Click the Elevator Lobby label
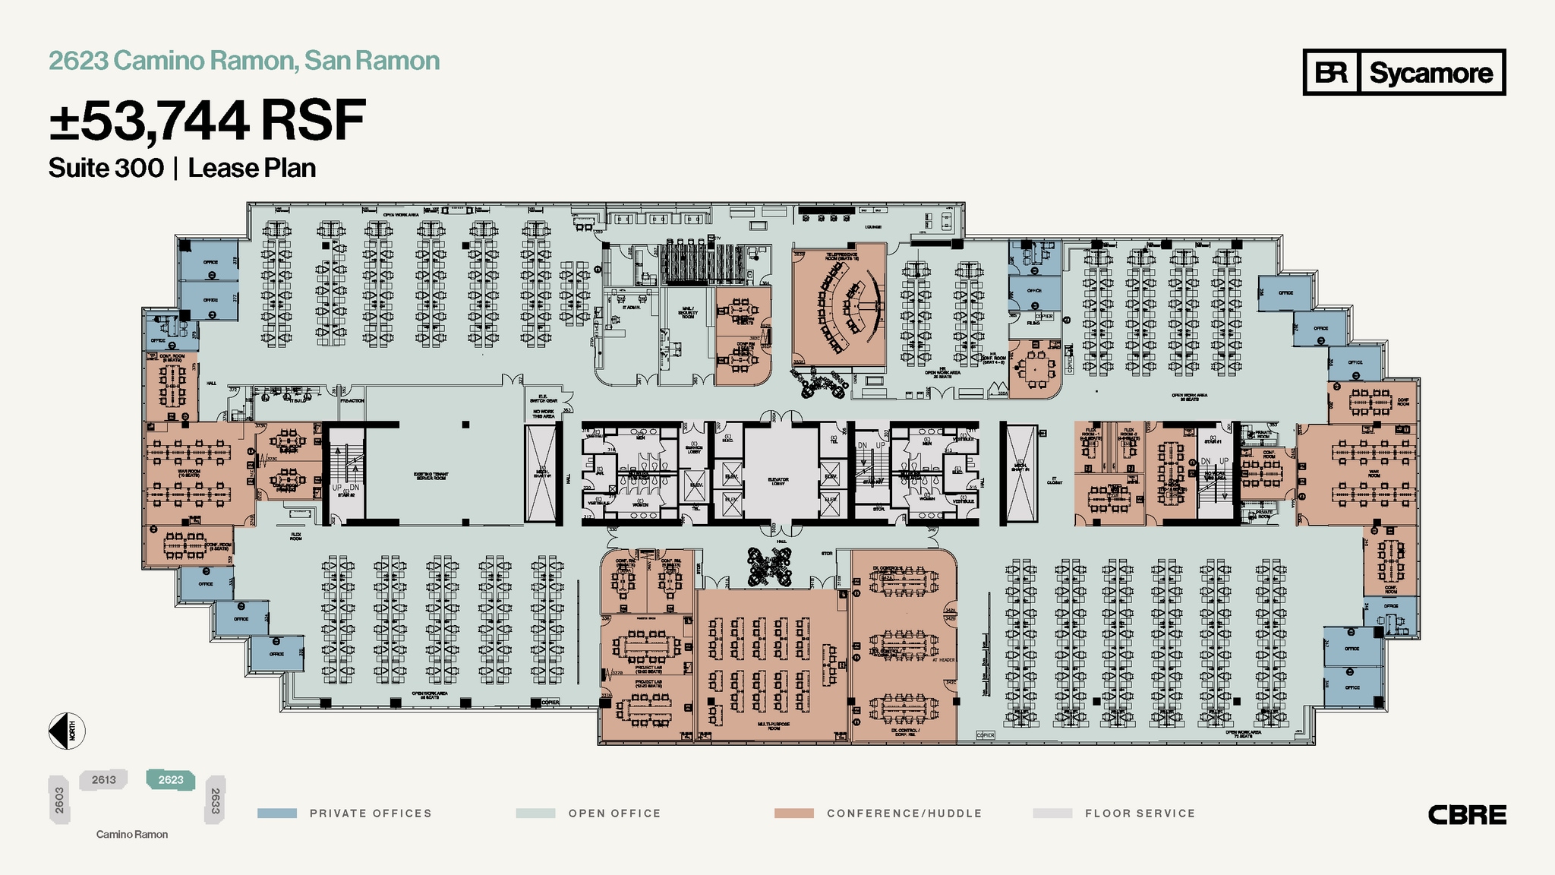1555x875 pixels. pos(777,481)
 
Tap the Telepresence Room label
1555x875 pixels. pos(841,257)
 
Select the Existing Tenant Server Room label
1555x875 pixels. pos(430,476)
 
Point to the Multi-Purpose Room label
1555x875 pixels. pos(773,725)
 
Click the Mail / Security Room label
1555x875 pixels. pos(687,313)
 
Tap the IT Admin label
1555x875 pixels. pos(631,308)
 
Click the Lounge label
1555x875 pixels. pos(872,227)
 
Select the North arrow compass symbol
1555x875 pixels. pos(67,731)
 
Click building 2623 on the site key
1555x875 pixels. pos(171,780)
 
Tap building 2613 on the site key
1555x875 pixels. pos(104,780)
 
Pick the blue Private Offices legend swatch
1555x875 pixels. pos(277,813)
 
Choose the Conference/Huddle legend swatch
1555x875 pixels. pos(793,813)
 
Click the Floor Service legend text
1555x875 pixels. pos(1140,813)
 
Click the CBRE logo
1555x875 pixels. pos(1467,815)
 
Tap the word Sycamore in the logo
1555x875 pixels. pos(1430,73)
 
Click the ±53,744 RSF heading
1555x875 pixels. pos(207,121)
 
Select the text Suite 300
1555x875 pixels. pos(106,168)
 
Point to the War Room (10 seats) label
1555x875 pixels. pos(188,472)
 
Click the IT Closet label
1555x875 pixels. pos(1055,480)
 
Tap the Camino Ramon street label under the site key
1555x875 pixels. pos(131,835)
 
